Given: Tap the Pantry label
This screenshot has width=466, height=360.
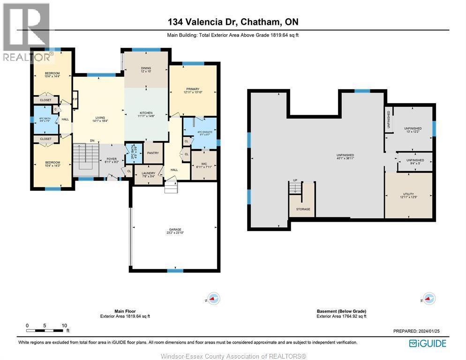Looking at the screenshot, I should point(153,153).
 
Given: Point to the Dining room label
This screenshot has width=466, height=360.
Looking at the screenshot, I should point(146,70).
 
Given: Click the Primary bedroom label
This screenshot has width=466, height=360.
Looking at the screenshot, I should point(192,90).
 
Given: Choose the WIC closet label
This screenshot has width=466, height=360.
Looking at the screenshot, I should point(204,165).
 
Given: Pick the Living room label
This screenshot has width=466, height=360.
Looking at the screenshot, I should point(98,119).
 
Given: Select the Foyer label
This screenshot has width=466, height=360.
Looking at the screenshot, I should point(111,160).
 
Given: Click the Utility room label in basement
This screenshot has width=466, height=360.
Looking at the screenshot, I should point(408,195).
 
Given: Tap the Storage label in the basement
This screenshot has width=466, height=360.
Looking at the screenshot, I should point(302,209).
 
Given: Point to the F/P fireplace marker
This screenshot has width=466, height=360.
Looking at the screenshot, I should point(75,99).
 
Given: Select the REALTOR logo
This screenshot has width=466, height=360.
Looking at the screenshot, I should point(26,33).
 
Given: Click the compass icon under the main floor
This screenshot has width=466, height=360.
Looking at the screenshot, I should point(214,298).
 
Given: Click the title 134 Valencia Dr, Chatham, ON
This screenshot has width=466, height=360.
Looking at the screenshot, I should point(233,22).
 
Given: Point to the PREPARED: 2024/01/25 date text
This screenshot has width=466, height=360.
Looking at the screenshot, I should point(416,331).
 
